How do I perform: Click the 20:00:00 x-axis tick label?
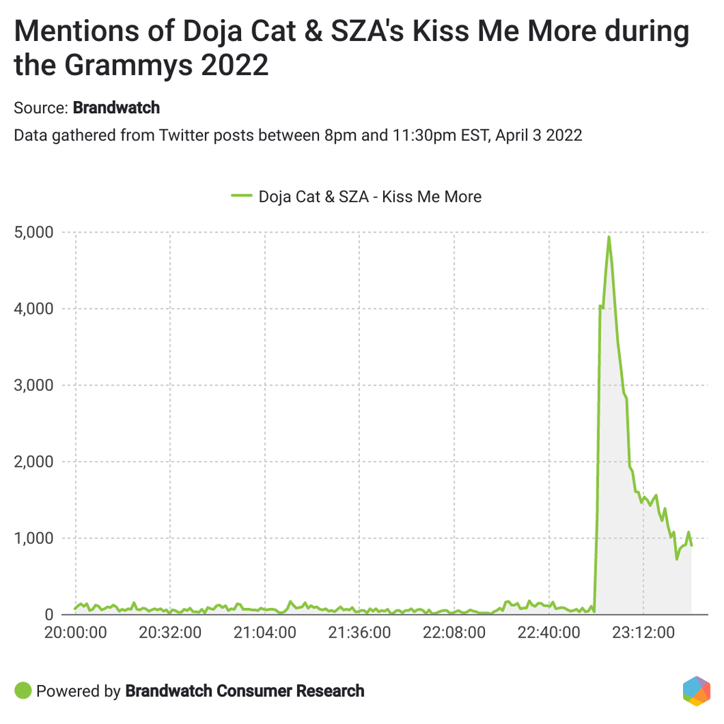pyautogui.click(x=76, y=631)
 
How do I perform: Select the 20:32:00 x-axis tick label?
pyautogui.click(x=170, y=631)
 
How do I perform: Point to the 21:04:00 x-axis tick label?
pyautogui.click(x=265, y=631)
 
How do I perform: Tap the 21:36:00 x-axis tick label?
pyautogui.click(x=360, y=631)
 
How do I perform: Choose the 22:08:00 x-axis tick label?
pyautogui.click(x=455, y=631)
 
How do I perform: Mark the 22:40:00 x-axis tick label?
pyautogui.click(x=549, y=631)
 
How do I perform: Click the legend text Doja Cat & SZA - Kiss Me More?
pyautogui.click(x=370, y=197)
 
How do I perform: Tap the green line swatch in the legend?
pyautogui.click(x=241, y=197)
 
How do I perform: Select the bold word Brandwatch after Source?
pyautogui.click(x=117, y=108)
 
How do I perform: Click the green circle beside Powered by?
pyautogui.click(x=23, y=691)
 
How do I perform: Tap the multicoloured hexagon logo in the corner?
pyautogui.click(x=696, y=691)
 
